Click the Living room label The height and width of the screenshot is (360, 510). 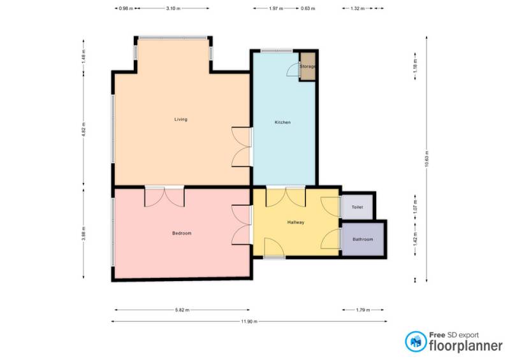point(181,119)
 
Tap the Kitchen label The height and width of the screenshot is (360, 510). point(282,122)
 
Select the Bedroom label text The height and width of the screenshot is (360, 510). point(182,233)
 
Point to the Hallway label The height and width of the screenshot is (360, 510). point(296,222)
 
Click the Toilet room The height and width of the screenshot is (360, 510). point(357,207)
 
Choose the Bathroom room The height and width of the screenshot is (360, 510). point(363,240)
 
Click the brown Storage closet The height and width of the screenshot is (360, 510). point(307,66)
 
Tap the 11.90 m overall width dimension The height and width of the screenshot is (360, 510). point(249,322)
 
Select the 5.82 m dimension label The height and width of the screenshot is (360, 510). point(182,310)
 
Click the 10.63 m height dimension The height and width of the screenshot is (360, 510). point(426,159)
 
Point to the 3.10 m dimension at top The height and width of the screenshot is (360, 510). point(173,8)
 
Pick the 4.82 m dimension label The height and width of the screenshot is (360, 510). point(84,129)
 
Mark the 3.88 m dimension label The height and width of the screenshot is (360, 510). point(84,233)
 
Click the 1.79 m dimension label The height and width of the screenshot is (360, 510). point(363,310)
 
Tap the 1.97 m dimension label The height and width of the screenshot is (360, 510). point(276,8)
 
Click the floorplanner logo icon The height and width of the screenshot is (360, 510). point(416,342)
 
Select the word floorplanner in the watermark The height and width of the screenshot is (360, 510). point(466,345)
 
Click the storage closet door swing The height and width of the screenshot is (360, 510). point(293,69)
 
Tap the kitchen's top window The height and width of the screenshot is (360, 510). point(277,51)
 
